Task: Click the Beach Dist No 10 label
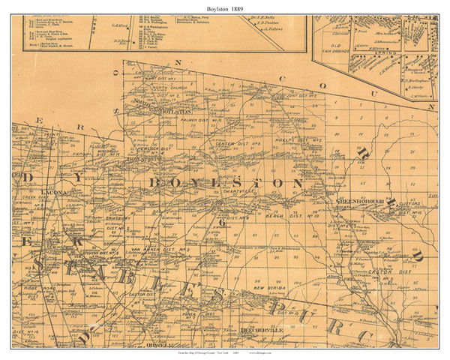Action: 303,216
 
